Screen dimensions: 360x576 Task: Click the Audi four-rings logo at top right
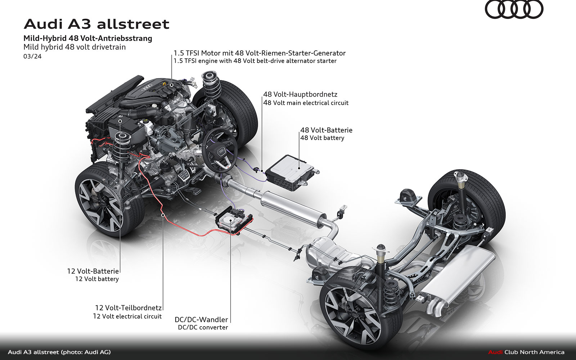[514, 10]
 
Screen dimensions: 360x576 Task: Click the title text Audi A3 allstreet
[96, 24]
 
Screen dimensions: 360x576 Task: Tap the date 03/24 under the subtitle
[32, 56]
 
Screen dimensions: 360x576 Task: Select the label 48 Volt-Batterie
[326, 130]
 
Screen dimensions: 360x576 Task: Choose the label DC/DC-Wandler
[201, 319]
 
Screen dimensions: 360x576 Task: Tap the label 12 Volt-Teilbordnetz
[128, 308]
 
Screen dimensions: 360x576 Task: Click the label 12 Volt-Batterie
[93, 271]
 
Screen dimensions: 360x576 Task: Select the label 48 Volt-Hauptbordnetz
[300, 94]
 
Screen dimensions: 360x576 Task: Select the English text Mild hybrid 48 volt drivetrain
[75, 47]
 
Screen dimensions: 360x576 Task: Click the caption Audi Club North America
[526, 352]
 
